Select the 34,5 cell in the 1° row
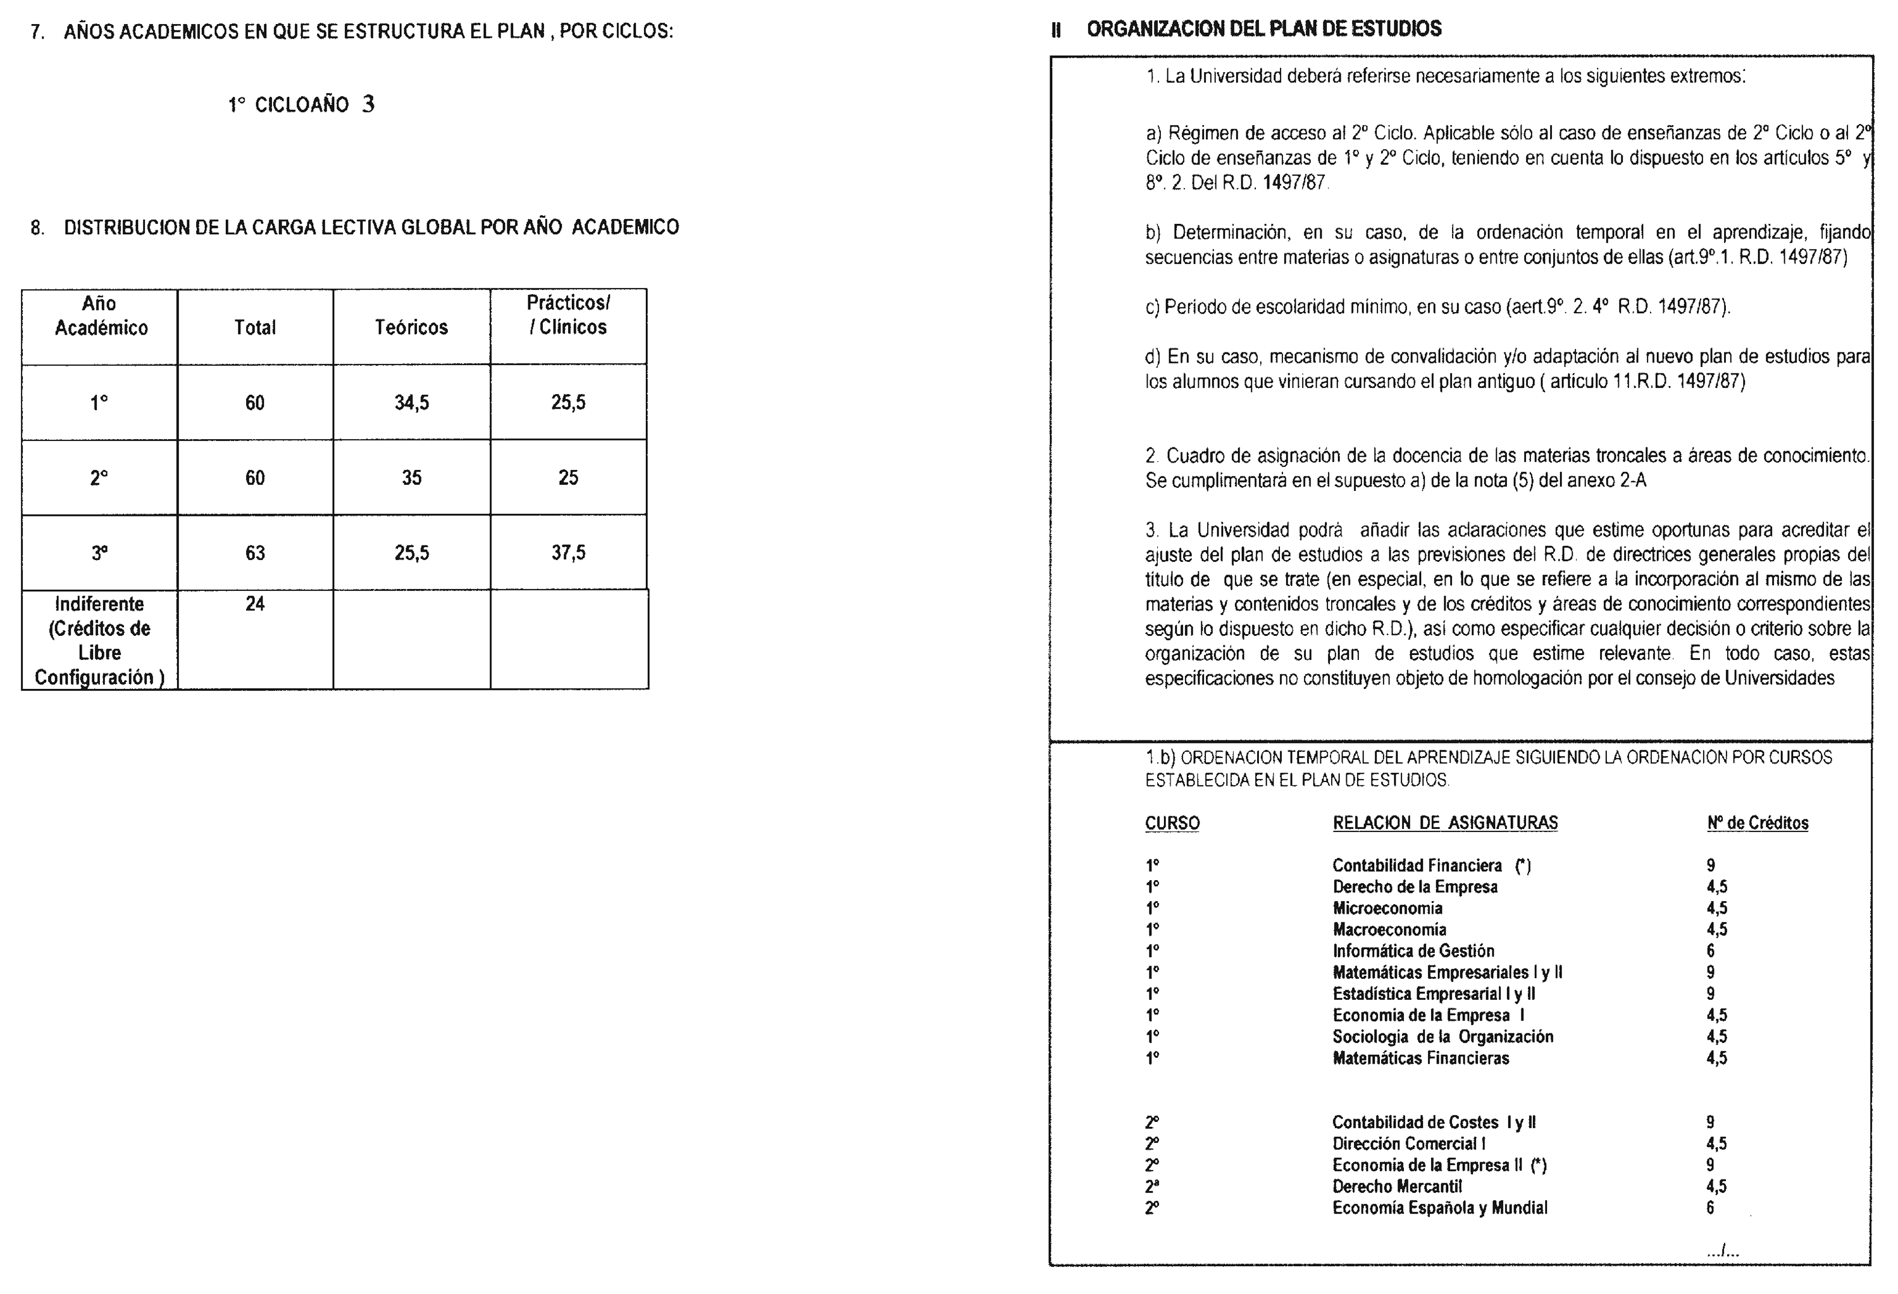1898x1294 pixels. click(412, 402)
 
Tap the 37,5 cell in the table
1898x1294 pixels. click(568, 553)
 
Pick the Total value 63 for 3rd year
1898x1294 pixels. click(255, 553)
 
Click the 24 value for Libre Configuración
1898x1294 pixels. click(255, 604)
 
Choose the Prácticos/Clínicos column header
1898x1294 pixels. click(568, 315)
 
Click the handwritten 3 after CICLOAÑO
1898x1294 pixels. click(368, 104)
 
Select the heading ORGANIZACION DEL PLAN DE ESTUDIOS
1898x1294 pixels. click(1263, 29)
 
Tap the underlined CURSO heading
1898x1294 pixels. click(1172, 823)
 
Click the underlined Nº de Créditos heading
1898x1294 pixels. click(1758, 823)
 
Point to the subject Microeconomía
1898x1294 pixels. click(1387, 907)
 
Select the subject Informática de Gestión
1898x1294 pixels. click(1414, 951)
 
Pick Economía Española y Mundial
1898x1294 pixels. click(1440, 1207)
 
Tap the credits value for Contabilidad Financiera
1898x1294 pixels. click(1710, 865)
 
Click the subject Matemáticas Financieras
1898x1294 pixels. click(1421, 1058)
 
